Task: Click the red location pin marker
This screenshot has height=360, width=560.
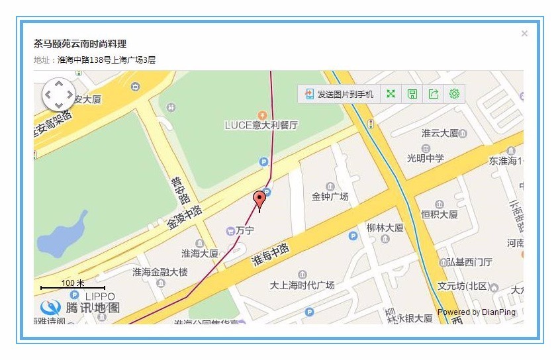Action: coord(259,199)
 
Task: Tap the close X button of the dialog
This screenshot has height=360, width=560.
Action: coord(524,34)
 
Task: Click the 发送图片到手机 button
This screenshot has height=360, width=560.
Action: coord(339,94)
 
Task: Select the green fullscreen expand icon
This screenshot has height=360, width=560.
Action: coord(391,94)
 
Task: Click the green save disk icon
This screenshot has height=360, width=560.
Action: coord(412,94)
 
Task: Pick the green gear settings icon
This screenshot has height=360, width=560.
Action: coord(454,94)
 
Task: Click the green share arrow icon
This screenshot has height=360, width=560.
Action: coord(433,94)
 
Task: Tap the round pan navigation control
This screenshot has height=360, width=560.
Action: coord(59,95)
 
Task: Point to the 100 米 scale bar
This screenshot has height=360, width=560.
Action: coord(72,285)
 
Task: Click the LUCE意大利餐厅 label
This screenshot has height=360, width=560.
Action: coord(261,124)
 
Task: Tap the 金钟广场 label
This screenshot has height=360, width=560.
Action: coord(330,197)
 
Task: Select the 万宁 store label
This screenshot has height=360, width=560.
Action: coord(244,230)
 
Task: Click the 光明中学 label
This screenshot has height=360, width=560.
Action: coord(426,158)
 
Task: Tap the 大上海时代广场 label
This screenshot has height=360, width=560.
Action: coord(302,285)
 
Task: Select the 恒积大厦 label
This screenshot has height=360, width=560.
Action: coord(439,214)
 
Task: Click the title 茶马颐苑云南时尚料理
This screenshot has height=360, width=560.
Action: coord(80,44)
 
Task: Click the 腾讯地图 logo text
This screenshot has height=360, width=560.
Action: coord(93,308)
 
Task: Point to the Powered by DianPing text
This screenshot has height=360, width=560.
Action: coord(476,312)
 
